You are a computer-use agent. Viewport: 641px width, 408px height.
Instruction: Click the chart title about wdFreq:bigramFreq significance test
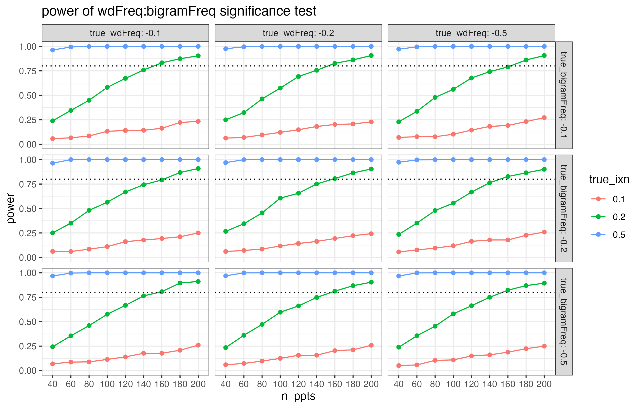tap(179, 11)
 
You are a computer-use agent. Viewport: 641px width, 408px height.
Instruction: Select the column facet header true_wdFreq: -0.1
tap(125, 33)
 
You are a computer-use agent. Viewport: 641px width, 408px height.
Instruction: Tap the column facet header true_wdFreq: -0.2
tap(298, 33)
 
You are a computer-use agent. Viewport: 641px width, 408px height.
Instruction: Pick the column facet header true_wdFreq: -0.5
tap(471, 33)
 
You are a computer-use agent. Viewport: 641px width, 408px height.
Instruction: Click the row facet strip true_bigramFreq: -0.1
tap(563, 95)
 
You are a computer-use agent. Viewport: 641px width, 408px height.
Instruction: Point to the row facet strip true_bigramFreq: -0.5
tap(563, 321)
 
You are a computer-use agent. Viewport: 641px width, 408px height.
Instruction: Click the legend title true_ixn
tap(609, 179)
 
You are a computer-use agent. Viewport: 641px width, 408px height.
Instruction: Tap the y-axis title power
tap(11, 208)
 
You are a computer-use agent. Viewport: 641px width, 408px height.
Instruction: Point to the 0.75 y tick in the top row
tap(27, 71)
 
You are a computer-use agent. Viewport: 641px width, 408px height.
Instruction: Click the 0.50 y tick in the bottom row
tap(27, 322)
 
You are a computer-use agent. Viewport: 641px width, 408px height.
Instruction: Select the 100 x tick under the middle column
tap(280, 384)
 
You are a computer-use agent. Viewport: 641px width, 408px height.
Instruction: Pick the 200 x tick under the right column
tap(544, 384)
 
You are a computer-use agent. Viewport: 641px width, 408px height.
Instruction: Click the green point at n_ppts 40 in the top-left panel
tap(53, 121)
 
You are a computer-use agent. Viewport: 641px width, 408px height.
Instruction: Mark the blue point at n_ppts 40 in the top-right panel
tap(398, 49)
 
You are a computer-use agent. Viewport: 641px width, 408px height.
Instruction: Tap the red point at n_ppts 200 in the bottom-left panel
tap(198, 345)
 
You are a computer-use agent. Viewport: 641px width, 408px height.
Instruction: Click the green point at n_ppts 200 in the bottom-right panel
tap(544, 283)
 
